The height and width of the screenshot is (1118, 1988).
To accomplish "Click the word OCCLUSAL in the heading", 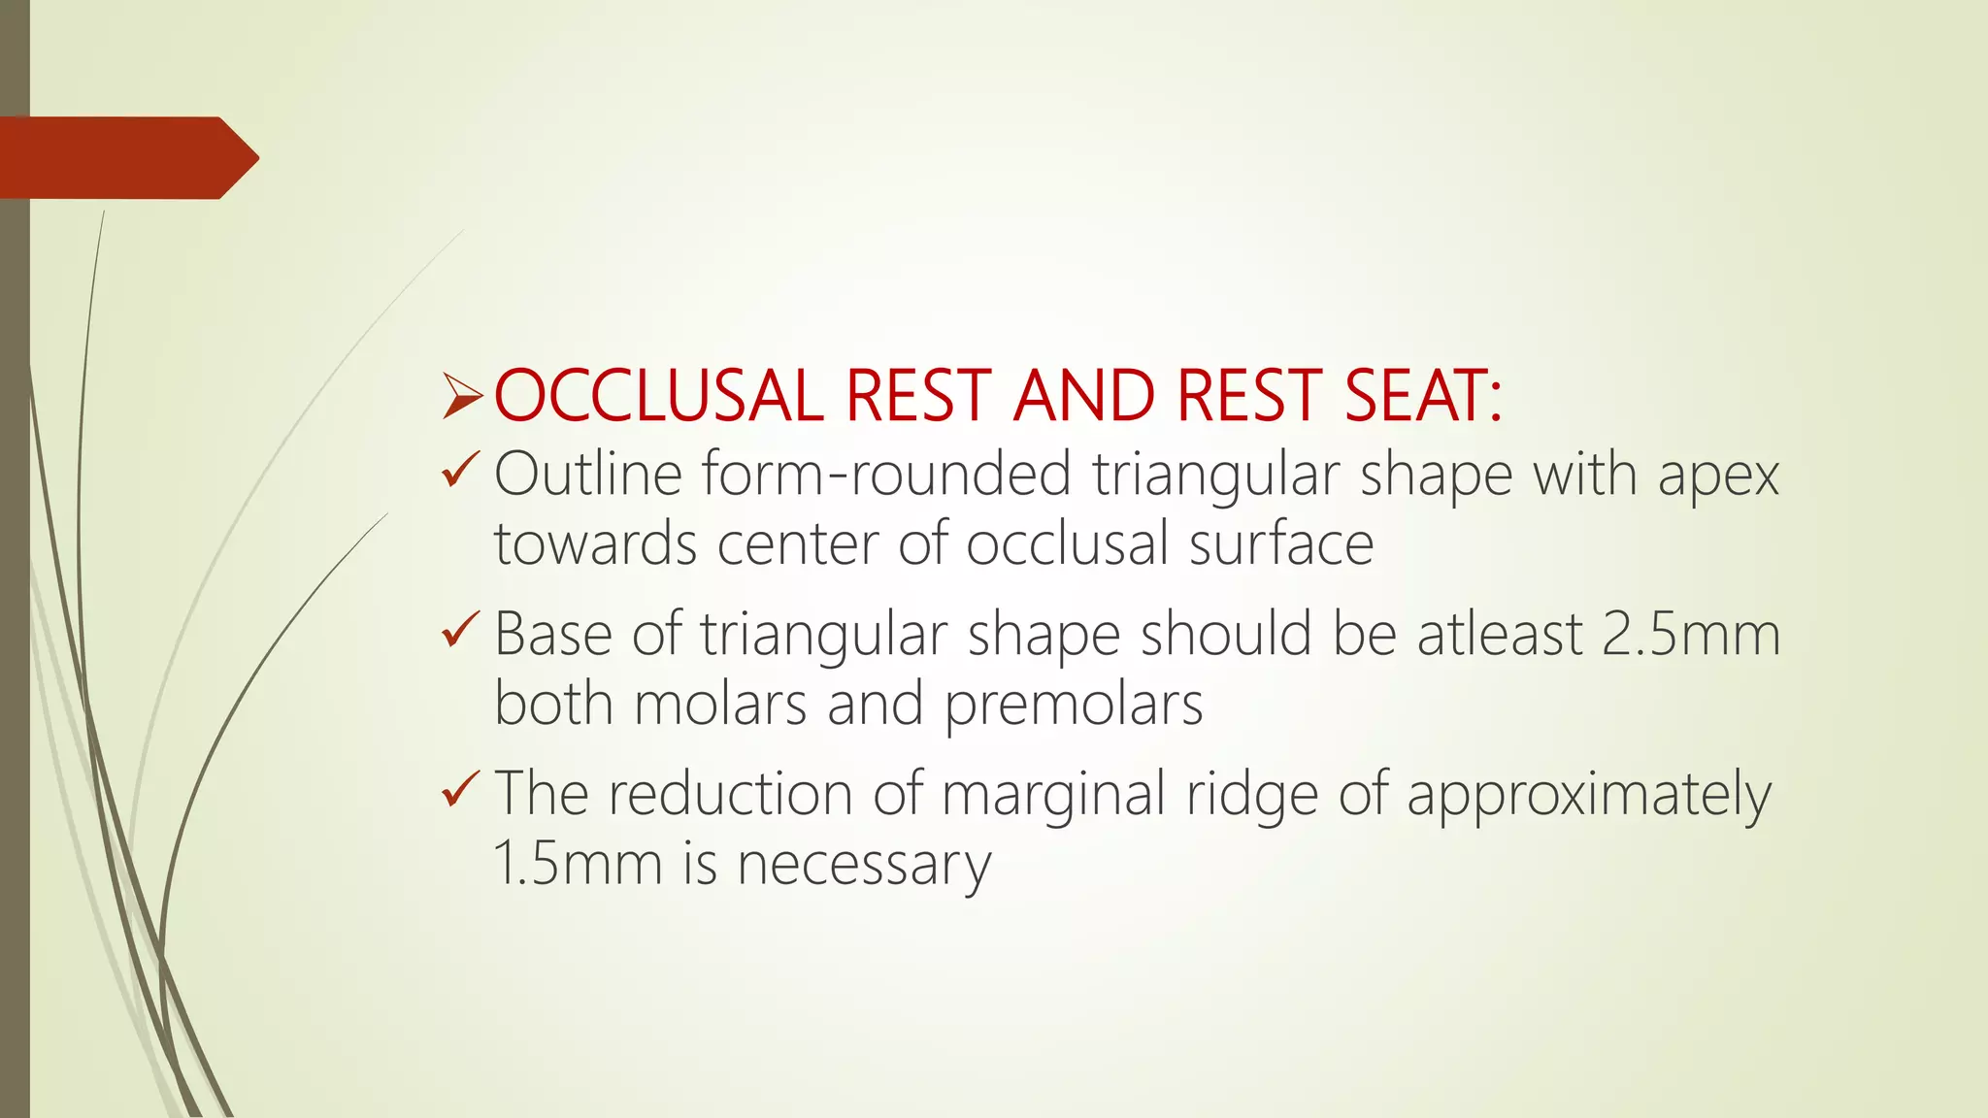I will [x=658, y=396].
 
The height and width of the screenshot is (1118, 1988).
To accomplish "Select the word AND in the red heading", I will [x=1084, y=396].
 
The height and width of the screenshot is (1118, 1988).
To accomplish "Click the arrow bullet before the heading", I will [x=462, y=397].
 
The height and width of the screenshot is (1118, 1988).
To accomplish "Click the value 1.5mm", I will [x=578, y=864].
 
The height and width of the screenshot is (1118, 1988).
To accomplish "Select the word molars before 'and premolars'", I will [x=719, y=705].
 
